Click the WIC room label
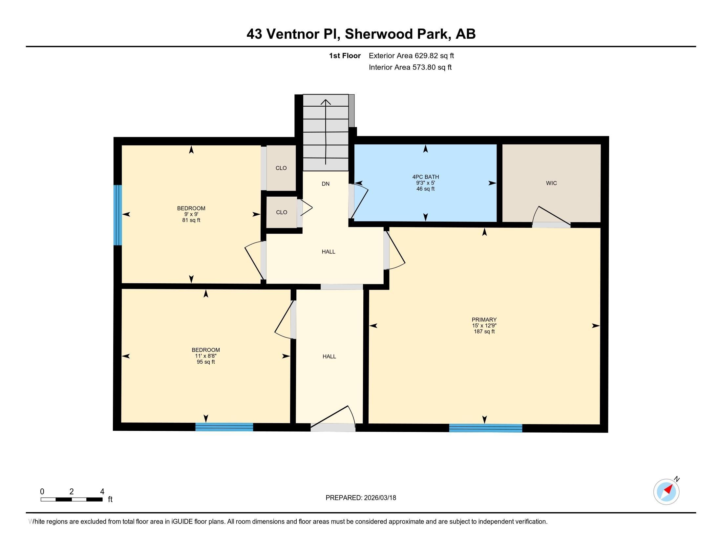[551, 183]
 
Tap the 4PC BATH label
[425, 177]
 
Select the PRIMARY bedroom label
[484, 320]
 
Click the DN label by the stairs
[326, 184]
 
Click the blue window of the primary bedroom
[486, 428]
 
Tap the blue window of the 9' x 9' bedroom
[118, 215]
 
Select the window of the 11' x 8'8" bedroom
[224, 427]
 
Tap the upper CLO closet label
[281, 168]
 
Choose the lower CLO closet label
[282, 212]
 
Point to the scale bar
[72, 499]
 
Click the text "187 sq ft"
[484, 332]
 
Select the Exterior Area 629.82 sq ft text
[411, 55]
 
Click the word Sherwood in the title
[378, 34]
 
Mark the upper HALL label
[329, 251]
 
